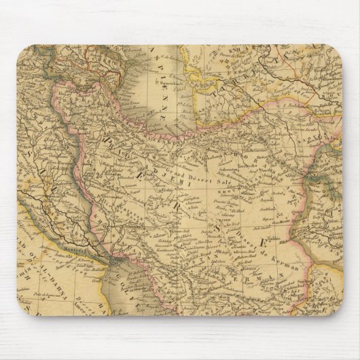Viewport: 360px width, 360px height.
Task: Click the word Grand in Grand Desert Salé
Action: [x=187, y=166]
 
